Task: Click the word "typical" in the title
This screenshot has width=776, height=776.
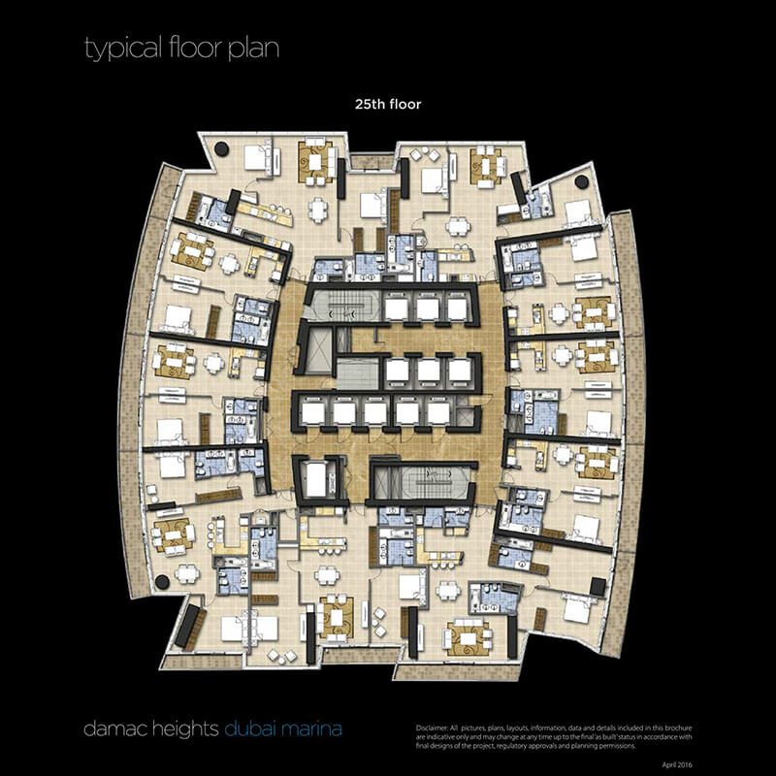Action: pos(123,49)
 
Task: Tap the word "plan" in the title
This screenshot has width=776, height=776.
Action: pos(253,49)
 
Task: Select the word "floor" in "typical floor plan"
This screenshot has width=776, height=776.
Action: pos(195,48)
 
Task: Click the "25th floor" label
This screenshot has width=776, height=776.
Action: pos(388,105)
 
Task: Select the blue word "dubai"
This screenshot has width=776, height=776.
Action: pos(249,728)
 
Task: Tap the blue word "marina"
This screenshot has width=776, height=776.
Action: pos(310,729)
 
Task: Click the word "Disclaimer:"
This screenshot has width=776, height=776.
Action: pos(432,728)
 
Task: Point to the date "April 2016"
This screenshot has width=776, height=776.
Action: pos(677,765)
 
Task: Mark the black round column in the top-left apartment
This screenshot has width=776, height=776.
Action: pos(221,148)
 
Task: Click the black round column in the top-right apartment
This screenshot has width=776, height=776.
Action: pos(581,181)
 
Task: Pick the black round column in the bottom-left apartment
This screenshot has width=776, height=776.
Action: pos(162,582)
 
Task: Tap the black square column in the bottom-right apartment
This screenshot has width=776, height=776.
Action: pos(598,587)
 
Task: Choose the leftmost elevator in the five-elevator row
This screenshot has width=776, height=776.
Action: pos(312,413)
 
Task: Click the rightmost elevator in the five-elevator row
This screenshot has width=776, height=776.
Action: pos(438,413)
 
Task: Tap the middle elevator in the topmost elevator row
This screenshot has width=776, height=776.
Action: pos(427,308)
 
